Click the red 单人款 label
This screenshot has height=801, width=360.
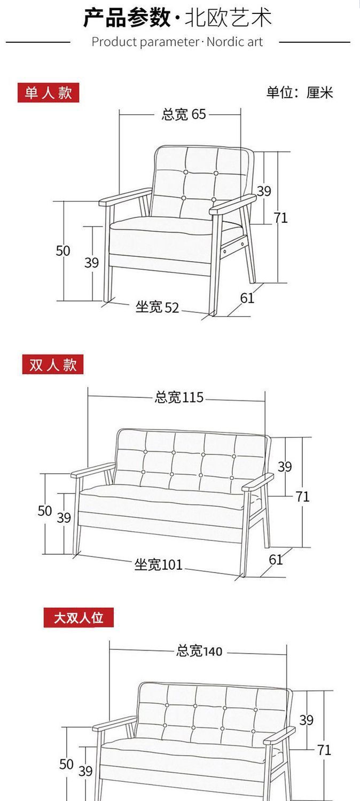(48, 93)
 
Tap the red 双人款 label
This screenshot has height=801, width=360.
(53, 365)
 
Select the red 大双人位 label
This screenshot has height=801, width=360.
(79, 618)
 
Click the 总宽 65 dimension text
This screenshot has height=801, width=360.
(184, 114)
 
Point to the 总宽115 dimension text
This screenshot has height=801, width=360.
(179, 397)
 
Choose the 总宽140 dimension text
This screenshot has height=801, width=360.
(199, 651)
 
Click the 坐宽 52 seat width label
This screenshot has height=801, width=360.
(157, 307)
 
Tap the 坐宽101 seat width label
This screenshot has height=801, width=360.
(159, 564)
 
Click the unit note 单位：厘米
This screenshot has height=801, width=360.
(300, 92)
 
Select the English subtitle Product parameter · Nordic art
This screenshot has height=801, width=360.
(177, 42)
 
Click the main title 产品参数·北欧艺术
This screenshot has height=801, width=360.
(177, 17)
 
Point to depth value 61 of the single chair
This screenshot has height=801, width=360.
(247, 298)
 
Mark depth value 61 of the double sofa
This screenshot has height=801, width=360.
(276, 560)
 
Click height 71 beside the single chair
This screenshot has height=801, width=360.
(280, 217)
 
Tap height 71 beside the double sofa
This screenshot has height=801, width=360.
(302, 497)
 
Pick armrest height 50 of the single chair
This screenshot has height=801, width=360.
(63, 250)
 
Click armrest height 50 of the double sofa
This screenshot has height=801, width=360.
(45, 511)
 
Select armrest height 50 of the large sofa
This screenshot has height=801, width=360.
(66, 764)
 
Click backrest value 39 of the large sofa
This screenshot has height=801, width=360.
(306, 720)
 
